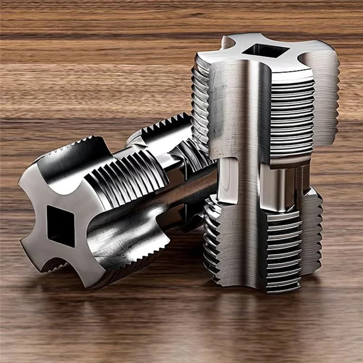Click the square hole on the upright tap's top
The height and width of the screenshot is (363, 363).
pyautogui.click(x=263, y=51)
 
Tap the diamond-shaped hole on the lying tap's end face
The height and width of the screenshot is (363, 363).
pyautogui.click(x=60, y=226)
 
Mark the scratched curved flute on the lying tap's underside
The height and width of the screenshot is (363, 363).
pyautogui.click(x=123, y=240)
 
